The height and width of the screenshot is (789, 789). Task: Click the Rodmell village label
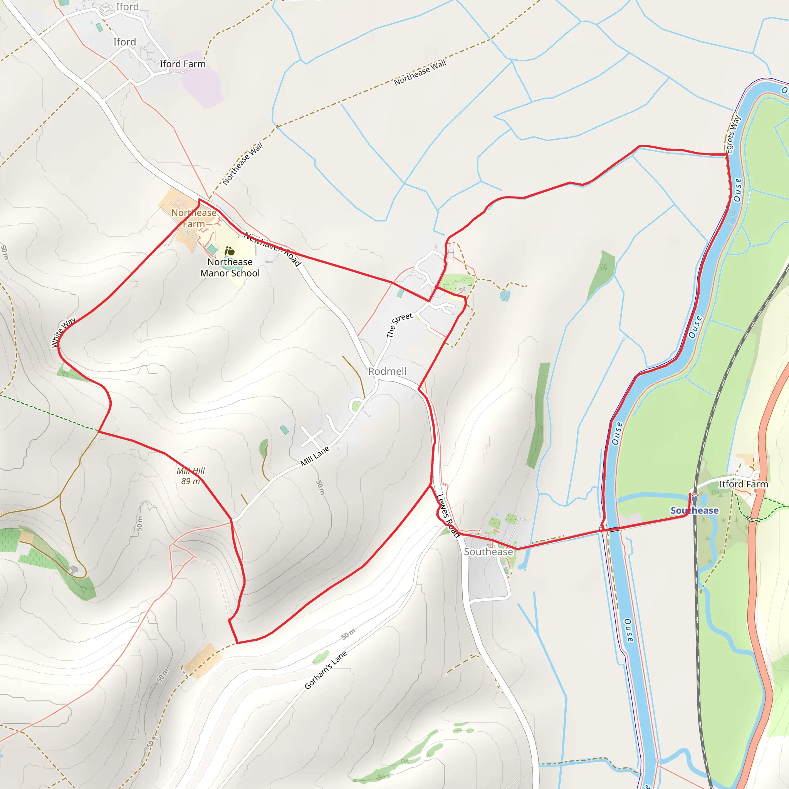coord(387,371)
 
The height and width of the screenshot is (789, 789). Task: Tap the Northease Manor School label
coord(230,267)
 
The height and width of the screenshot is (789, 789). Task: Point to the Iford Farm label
coord(183,64)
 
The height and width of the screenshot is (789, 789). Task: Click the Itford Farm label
coord(743,484)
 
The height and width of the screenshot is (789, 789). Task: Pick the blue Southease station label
coord(694,510)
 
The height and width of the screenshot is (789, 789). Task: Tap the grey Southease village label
coord(488,552)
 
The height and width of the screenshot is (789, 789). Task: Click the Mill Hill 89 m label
coord(190,476)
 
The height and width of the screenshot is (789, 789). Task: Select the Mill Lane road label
coord(314,456)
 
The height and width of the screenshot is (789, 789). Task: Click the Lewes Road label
coord(448,516)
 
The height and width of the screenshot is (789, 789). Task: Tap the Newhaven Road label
coord(272,249)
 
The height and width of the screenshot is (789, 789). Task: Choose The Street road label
coord(399,325)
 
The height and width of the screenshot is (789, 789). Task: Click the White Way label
coord(63,332)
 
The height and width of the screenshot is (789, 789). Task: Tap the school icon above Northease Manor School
coord(230,251)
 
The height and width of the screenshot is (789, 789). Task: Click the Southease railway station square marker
coord(694,499)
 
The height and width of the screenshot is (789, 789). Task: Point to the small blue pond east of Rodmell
coord(505,295)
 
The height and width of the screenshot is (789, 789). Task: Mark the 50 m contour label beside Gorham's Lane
coord(348,634)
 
